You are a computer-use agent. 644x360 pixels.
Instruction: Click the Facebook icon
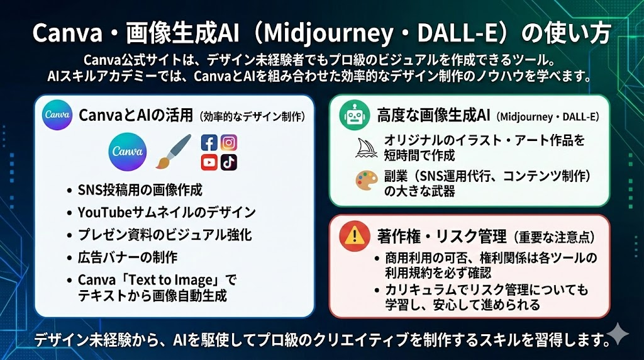pos(209,143)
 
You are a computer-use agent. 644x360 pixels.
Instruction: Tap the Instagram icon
pos(229,143)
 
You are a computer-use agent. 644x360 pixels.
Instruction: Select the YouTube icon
pos(209,162)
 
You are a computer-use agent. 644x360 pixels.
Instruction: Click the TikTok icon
pos(229,162)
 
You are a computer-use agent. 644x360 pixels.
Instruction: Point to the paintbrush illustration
pos(174,151)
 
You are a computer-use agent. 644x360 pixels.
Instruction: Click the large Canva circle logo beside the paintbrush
pos(127,151)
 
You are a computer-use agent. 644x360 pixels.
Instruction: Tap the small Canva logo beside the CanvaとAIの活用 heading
pos(57,115)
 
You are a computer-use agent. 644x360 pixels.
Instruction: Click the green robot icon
pos(355,115)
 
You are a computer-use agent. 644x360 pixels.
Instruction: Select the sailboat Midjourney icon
pos(366,148)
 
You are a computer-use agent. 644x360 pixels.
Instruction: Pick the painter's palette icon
pos(367,181)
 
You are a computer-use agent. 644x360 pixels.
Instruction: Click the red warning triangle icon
pos(355,236)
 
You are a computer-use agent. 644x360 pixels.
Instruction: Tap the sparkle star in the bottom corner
pos(618,334)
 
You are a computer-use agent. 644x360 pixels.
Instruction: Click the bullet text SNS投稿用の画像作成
pos(140,190)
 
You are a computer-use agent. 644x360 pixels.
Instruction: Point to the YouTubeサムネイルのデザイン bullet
pos(167,212)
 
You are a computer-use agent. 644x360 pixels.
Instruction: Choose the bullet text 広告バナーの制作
pos(128,257)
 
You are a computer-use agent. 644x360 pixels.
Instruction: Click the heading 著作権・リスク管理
pos(442,237)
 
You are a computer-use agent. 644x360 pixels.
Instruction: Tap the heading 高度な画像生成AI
pos(433,116)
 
